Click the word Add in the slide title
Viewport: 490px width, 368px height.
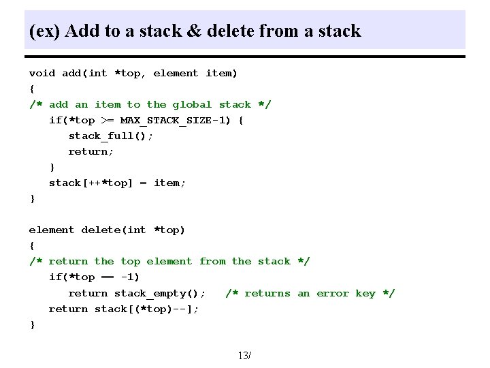(79, 31)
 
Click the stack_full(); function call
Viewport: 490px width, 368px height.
(110, 136)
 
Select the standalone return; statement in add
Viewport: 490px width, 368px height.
(91, 151)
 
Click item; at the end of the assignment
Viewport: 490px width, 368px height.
(170, 183)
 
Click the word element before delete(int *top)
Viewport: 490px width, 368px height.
(52, 230)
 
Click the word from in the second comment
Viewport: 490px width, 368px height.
(212, 261)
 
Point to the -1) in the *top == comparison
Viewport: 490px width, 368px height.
(129, 277)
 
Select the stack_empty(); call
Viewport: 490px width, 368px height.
(150, 293)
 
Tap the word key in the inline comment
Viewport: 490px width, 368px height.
(365, 293)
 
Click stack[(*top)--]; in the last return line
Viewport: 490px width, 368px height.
(146, 309)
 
